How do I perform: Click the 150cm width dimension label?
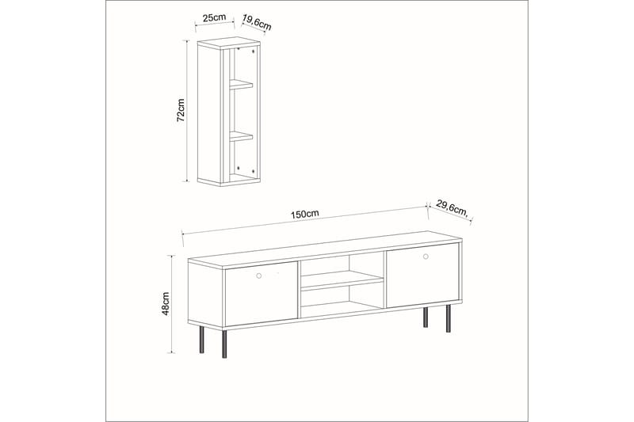305,214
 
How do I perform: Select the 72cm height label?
181,110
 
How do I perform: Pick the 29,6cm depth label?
449,209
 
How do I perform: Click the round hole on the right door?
426,257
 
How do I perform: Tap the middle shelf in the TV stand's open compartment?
342,279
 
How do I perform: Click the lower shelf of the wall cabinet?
241,135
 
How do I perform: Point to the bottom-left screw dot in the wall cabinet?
237,168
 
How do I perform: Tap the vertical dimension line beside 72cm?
189,110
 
